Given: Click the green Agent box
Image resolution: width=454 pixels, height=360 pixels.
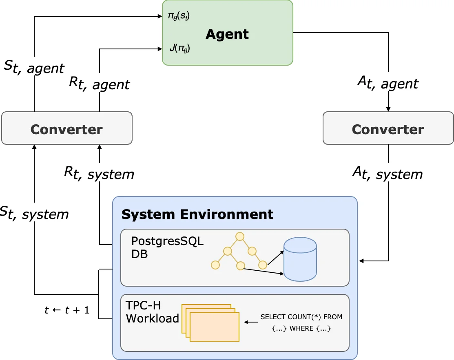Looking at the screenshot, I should coord(227,33).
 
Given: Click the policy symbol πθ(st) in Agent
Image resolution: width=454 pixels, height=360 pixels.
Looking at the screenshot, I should coord(179,17).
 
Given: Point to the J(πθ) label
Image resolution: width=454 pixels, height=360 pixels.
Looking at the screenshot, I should coord(179,49).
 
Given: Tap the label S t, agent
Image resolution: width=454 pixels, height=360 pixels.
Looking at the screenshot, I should coord(34,68).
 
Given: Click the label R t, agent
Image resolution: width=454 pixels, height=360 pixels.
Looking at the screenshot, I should coord(99,83).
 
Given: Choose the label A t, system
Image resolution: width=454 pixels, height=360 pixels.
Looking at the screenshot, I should coord(388,174).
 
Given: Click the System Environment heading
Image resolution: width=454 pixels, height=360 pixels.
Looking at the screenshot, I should coord(197,214).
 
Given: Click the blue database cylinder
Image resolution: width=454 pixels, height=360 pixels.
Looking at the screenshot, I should coord(300,260).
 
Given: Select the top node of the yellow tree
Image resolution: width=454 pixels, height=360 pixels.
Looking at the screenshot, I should coord(239,236).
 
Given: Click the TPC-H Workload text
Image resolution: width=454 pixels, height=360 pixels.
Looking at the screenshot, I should coord(152,312).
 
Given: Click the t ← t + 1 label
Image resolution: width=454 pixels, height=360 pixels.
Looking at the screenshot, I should coord(67,310).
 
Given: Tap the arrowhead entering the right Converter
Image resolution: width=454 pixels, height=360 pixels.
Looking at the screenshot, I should coord(388,109).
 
